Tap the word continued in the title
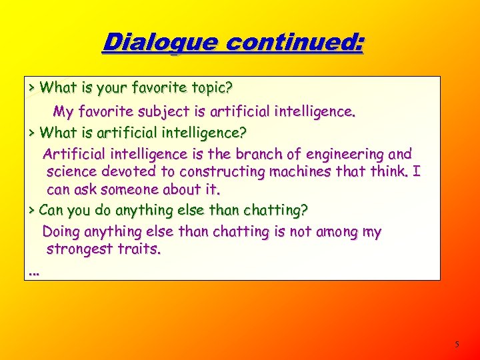[x=295, y=43]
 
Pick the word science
[x=71, y=172]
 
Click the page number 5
[x=457, y=345]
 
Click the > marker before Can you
[x=32, y=211]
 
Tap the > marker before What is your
[x=32, y=87]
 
